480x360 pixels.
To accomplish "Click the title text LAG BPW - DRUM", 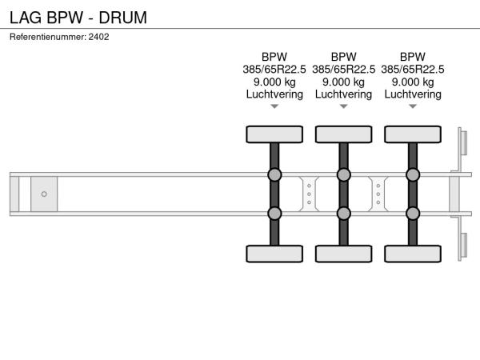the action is tap(78, 18).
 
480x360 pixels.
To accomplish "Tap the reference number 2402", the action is tap(98, 37).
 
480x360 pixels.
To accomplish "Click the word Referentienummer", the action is tap(48, 37).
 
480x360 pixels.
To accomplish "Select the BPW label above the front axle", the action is tap(274, 57).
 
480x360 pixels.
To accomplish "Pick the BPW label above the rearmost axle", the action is tap(413, 57).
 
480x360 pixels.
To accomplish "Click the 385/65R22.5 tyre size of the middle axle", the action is tap(343, 70).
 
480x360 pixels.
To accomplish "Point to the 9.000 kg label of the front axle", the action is tap(274, 82).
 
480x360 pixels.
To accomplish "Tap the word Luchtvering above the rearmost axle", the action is tap(413, 94).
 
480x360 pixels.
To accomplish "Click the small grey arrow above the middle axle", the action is tap(343, 106).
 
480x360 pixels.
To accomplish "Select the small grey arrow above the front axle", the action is tap(274, 106).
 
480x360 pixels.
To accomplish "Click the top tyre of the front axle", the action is tap(274, 134).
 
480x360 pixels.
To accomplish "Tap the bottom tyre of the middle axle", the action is tap(343, 254).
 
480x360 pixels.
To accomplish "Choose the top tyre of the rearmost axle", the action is tap(413, 134).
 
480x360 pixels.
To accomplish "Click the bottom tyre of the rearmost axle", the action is tap(413, 254).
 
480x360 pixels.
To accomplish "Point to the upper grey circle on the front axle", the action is tap(274, 174).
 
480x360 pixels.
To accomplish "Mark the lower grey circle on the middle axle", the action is tap(343, 214).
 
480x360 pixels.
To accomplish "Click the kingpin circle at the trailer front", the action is tap(44, 194).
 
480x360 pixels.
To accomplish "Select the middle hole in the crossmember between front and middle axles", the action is tap(309, 194).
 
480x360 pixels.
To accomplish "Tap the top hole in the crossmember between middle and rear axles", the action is tap(378, 186).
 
